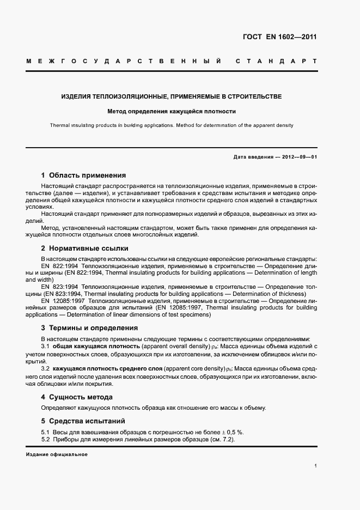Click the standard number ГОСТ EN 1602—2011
click(x=279, y=38)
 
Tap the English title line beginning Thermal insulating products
click(x=172, y=125)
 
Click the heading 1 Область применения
click(x=83, y=175)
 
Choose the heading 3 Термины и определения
click(x=89, y=328)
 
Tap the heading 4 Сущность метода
click(x=77, y=397)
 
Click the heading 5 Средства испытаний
click(x=83, y=421)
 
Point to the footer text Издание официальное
click(x=57, y=454)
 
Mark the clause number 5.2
click(x=46, y=439)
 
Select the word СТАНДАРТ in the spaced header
click(x=276, y=61)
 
